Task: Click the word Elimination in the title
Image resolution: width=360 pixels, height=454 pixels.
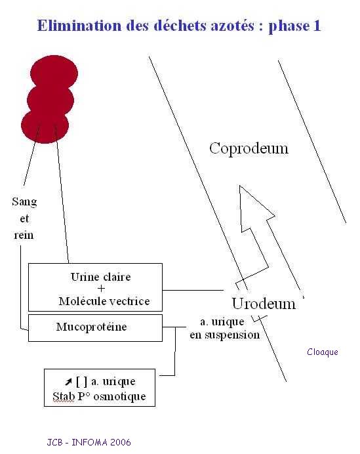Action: pos(79,26)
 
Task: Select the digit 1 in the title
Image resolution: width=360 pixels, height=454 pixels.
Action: pos(317,26)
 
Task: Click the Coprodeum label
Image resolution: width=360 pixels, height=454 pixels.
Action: pos(249,149)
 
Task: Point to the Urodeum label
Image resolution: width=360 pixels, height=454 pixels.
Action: pos(264,304)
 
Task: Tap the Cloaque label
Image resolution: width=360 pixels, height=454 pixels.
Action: pos(323,352)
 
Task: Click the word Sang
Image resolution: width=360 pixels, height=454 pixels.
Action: pos(25,202)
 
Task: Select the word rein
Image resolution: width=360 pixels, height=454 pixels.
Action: pos(24,235)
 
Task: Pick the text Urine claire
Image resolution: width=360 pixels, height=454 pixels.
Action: pos(101,277)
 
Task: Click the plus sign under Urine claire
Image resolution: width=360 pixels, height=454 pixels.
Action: pos(101,289)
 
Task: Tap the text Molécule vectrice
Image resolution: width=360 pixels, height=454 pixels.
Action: pos(104,301)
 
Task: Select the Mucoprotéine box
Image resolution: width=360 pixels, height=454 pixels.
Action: pos(95,328)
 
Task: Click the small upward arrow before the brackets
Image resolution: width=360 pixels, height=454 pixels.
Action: pos(68,382)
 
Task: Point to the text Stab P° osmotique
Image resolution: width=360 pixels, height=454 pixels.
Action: pos(99,396)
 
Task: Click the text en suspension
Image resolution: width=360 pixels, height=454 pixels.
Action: pos(224,335)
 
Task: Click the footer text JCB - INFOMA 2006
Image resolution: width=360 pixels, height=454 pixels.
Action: pos(89,442)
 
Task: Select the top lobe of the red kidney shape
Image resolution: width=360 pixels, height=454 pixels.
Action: pos(54,71)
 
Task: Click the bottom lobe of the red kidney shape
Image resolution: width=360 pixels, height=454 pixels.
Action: pos(45,127)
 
